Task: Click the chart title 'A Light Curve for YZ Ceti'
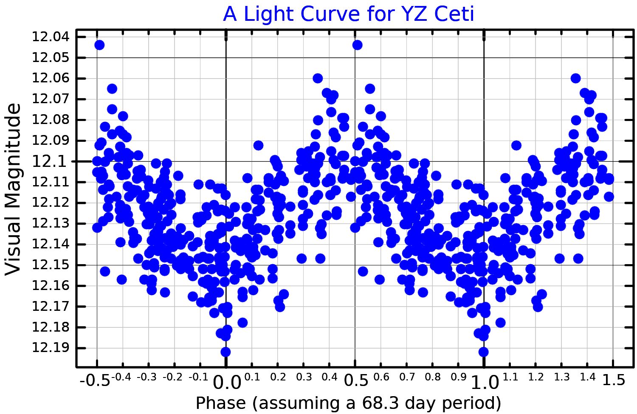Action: (x=348, y=14)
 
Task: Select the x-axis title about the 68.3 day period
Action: (x=348, y=403)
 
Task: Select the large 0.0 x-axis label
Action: (x=227, y=382)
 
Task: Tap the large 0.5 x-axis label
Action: (x=356, y=380)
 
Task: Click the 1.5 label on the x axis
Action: (x=614, y=380)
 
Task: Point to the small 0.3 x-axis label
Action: (x=303, y=377)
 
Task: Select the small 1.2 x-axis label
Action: (x=536, y=377)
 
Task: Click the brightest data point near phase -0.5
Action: (x=99, y=45)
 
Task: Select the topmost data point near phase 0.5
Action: (x=358, y=45)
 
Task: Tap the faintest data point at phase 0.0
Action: (x=225, y=352)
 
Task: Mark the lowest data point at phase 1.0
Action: (x=483, y=352)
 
